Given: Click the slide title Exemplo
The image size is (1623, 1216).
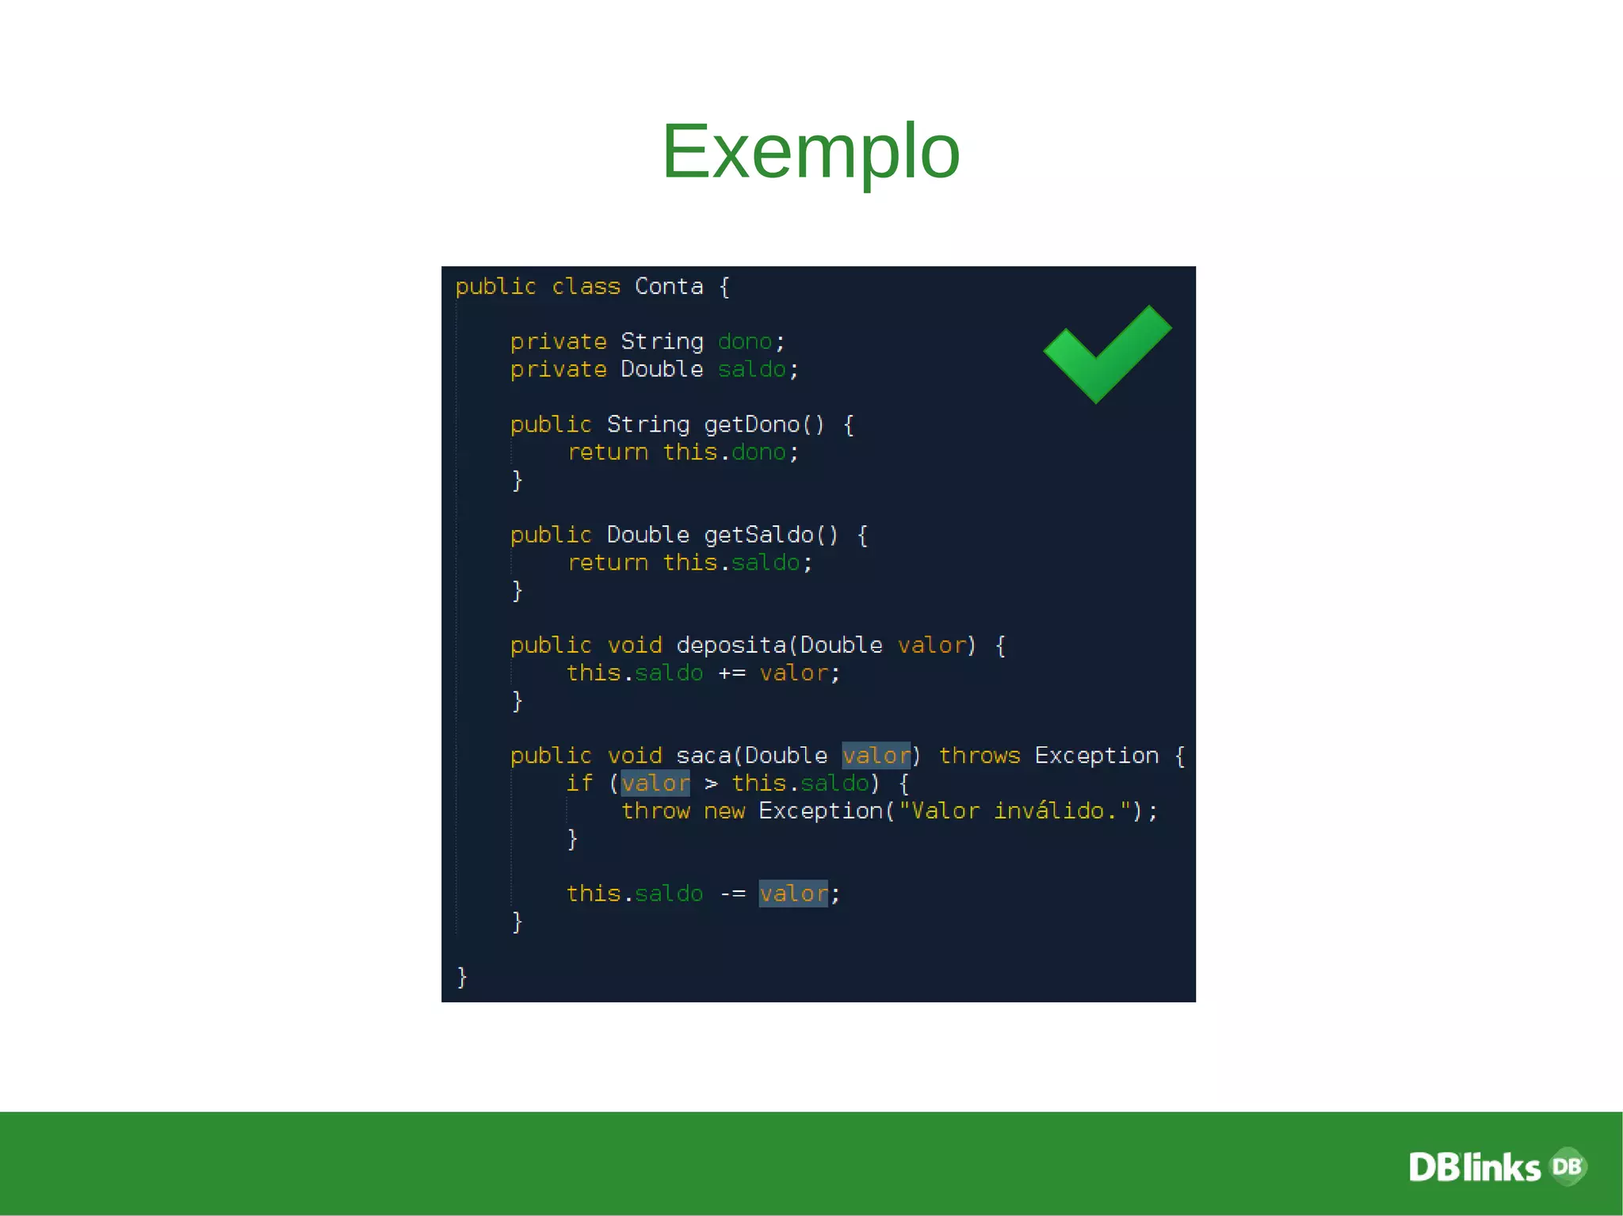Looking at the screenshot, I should (x=811, y=151).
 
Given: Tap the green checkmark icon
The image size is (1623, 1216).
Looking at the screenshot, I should (x=1106, y=353).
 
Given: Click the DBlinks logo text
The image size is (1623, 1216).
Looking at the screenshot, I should (x=1474, y=1168).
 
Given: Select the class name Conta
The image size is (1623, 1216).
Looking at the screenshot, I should (x=669, y=287).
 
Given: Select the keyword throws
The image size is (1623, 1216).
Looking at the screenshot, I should (x=980, y=756).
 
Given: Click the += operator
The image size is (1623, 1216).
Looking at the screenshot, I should (x=731, y=673).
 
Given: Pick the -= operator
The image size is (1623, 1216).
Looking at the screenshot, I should (x=732, y=894).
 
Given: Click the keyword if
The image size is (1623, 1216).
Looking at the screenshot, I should (x=579, y=783).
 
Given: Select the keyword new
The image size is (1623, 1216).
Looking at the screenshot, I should (x=724, y=811).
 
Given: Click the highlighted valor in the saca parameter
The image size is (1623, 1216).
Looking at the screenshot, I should (x=876, y=756).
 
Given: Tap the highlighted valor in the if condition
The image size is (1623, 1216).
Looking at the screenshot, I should (x=655, y=783).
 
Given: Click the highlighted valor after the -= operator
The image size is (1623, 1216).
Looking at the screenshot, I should (x=793, y=894).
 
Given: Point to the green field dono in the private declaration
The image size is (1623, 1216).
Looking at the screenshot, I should (x=745, y=342).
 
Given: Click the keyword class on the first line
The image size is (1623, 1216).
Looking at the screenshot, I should (x=586, y=287).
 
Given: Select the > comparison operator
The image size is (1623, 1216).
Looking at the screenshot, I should (x=711, y=784).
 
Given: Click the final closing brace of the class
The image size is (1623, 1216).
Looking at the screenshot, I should (x=462, y=977).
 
